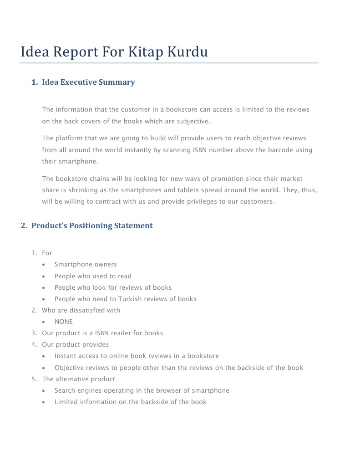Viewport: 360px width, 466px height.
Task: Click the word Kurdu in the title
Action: point(188,52)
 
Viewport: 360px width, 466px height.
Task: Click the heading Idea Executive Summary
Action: point(88,82)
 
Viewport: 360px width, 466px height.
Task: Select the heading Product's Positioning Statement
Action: point(92,225)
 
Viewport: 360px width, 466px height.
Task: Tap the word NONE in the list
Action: point(64,322)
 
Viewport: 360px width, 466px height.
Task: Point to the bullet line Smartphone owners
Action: point(86,264)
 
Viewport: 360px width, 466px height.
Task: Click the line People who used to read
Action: point(93,276)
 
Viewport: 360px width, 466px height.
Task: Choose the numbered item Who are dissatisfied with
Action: point(81,310)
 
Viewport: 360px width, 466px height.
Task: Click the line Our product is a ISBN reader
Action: point(102,333)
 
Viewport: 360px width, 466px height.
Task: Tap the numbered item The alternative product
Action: point(78,379)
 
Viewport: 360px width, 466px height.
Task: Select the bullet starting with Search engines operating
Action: point(142,390)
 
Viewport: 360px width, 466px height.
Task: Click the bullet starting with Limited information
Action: point(130,402)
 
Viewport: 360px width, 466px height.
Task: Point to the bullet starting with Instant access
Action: point(137,356)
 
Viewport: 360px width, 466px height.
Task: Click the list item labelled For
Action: point(47,253)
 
